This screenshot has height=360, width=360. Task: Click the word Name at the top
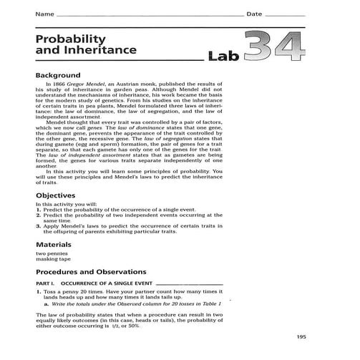[44, 14]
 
